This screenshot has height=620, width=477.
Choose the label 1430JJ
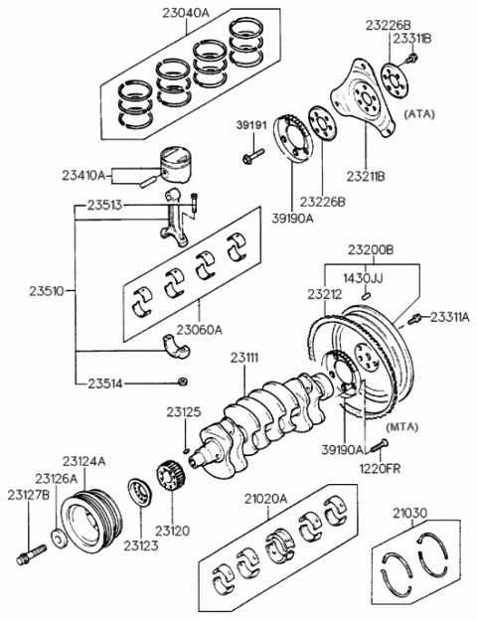(364, 277)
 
